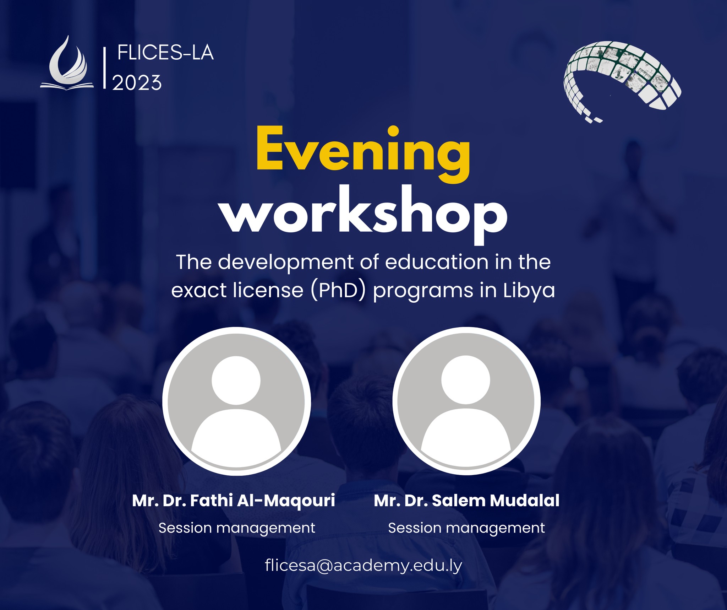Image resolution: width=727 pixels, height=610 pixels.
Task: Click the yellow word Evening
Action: pyautogui.click(x=363, y=154)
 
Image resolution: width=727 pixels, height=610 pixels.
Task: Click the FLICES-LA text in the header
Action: pyautogui.click(x=165, y=53)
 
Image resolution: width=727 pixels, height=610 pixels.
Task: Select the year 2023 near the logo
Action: pyautogui.click(x=137, y=83)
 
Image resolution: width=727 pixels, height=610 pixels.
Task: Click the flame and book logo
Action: pyautogui.click(x=67, y=63)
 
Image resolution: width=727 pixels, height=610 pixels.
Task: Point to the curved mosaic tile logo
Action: pyautogui.click(x=622, y=82)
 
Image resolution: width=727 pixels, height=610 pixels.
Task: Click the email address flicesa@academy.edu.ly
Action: pyautogui.click(x=363, y=566)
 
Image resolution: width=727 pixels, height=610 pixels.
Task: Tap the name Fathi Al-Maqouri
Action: pyautogui.click(x=263, y=501)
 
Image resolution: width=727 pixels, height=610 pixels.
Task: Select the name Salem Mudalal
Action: pyautogui.click(x=496, y=501)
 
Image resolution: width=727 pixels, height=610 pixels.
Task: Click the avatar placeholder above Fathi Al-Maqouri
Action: pyautogui.click(x=236, y=401)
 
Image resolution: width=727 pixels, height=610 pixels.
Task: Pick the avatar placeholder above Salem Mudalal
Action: pyautogui.click(x=466, y=401)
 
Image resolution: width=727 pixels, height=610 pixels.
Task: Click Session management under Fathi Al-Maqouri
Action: pyautogui.click(x=237, y=528)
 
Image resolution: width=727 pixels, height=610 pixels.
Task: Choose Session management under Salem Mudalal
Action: pyautogui.click(x=466, y=528)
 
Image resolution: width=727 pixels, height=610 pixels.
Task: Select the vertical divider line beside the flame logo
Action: pyautogui.click(x=105, y=68)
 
